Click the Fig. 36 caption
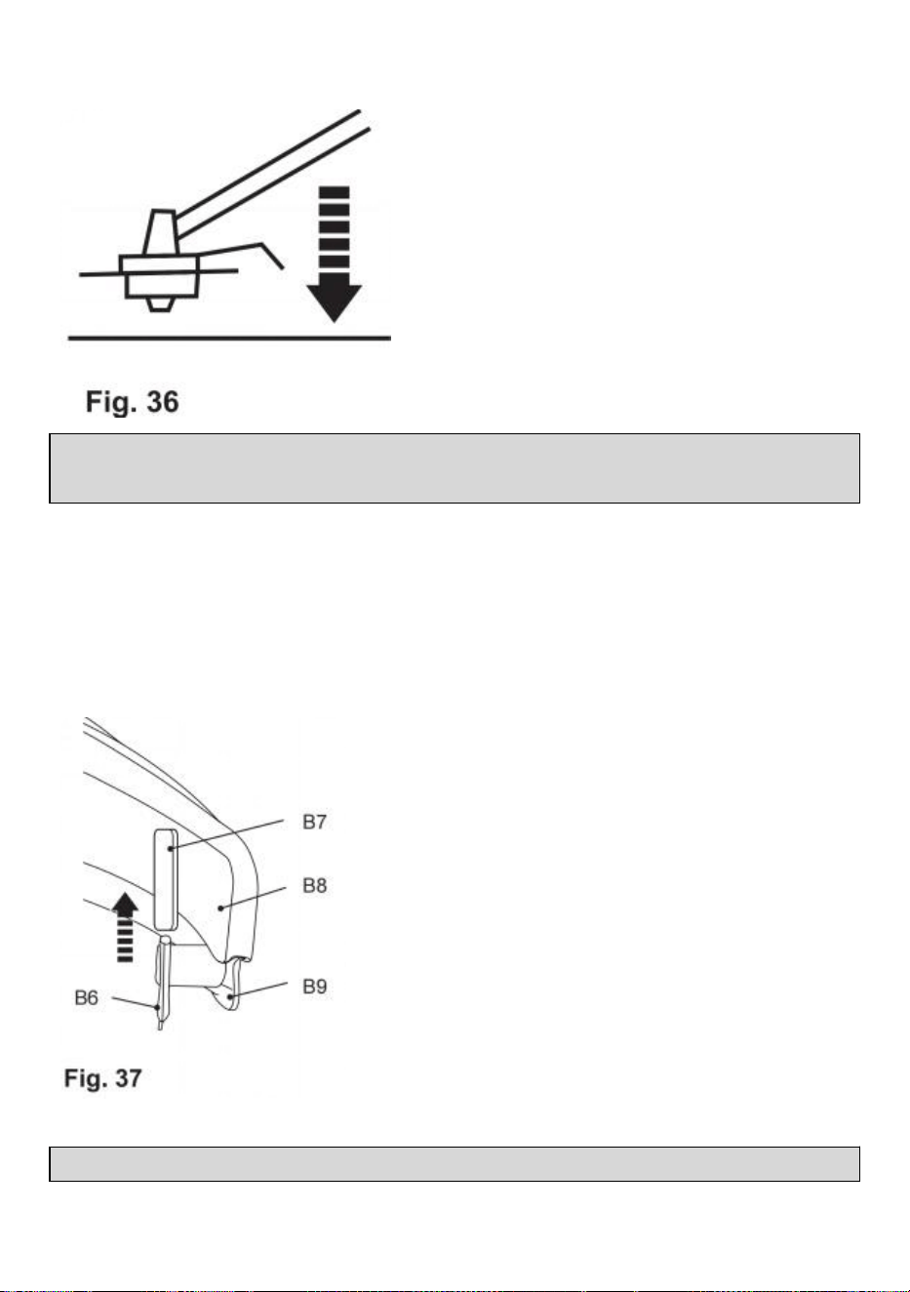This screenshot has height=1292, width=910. click(132, 402)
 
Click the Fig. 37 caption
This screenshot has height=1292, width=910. click(102, 1078)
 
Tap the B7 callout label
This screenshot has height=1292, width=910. click(314, 822)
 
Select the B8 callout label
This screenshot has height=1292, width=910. click(314, 885)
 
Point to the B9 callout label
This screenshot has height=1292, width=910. click(314, 987)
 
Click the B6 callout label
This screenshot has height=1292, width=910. click(87, 997)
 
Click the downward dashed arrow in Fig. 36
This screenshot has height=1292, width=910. click(334, 254)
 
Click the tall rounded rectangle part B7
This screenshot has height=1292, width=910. click(166, 879)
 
